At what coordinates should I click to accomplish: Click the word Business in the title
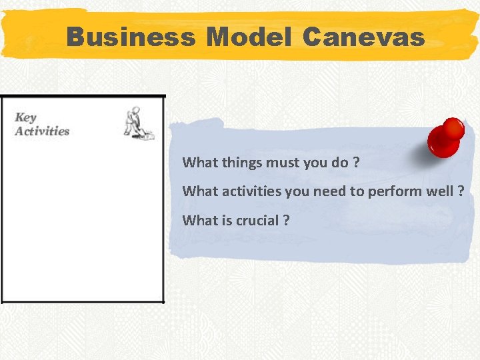pyautogui.click(x=131, y=37)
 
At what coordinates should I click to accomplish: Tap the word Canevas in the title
pyautogui.click(x=363, y=37)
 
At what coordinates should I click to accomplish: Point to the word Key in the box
pyautogui.click(x=25, y=118)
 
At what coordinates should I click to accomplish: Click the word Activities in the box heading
pyautogui.click(x=42, y=131)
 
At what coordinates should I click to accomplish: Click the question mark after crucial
pyautogui.click(x=286, y=221)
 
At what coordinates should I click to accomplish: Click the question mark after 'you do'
pyautogui.click(x=355, y=162)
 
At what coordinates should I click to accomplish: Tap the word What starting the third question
pyautogui.click(x=198, y=221)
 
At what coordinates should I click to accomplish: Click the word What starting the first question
pyautogui.click(x=198, y=162)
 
